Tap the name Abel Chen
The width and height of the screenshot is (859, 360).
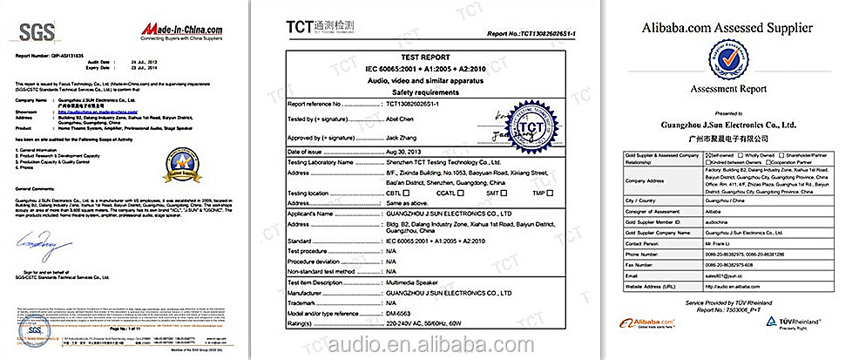(x=401, y=115)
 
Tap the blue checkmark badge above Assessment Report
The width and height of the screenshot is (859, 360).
(x=727, y=60)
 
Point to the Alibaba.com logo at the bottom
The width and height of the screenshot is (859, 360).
(x=649, y=322)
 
